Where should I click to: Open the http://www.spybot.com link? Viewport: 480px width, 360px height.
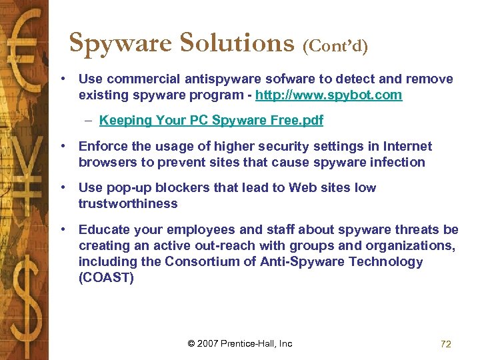click(x=329, y=95)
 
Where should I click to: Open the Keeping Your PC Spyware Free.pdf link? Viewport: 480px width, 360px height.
click(x=211, y=121)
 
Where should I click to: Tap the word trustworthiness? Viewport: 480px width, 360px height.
click(x=128, y=203)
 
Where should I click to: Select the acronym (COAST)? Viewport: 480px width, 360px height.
click(x=106, y=277)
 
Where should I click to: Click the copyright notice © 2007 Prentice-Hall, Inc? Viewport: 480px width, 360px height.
click(x=240, y=343)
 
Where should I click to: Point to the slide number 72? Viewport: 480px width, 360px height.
click(x=446, y=344)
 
